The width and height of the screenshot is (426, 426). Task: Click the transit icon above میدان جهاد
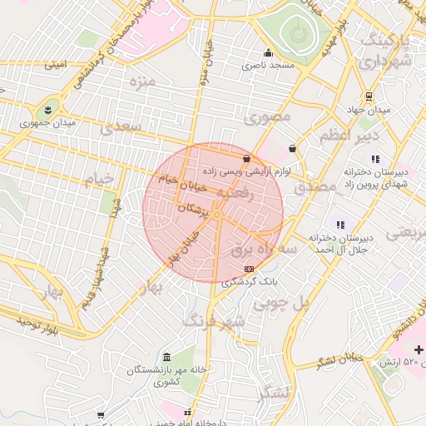(x=369, y=97)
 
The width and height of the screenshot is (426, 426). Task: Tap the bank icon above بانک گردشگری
(x=250, y=269)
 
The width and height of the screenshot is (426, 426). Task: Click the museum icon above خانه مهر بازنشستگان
(x=168, y=356)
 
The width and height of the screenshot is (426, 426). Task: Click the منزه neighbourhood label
(x=142, y=82)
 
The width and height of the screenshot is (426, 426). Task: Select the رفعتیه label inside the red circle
(x=239, y=191)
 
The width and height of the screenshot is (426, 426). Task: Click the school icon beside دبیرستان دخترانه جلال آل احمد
(x=339, y=224)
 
